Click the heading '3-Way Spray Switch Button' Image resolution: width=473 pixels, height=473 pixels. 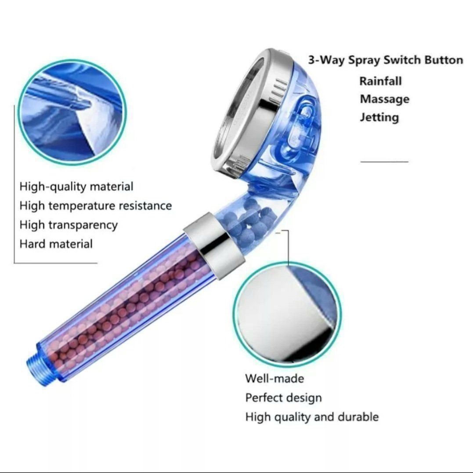point(386,60)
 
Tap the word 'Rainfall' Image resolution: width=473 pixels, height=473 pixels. point(380,81)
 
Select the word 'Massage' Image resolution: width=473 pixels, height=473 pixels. point(385,99)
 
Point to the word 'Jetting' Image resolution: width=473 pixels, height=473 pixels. point(379,117)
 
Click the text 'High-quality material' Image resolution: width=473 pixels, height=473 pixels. point(76,186)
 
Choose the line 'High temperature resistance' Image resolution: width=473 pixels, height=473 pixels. point(96,206)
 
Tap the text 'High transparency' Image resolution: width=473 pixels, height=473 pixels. point(69,225)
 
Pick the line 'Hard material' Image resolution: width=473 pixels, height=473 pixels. point(56,244)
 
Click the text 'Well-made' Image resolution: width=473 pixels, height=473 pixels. point(274,379)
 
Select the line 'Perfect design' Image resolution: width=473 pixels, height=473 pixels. point(284,398)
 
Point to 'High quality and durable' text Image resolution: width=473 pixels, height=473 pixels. point(312,417)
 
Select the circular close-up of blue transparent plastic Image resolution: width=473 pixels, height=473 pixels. point(72,112)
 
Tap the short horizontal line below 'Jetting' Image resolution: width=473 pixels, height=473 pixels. point(384,162)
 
